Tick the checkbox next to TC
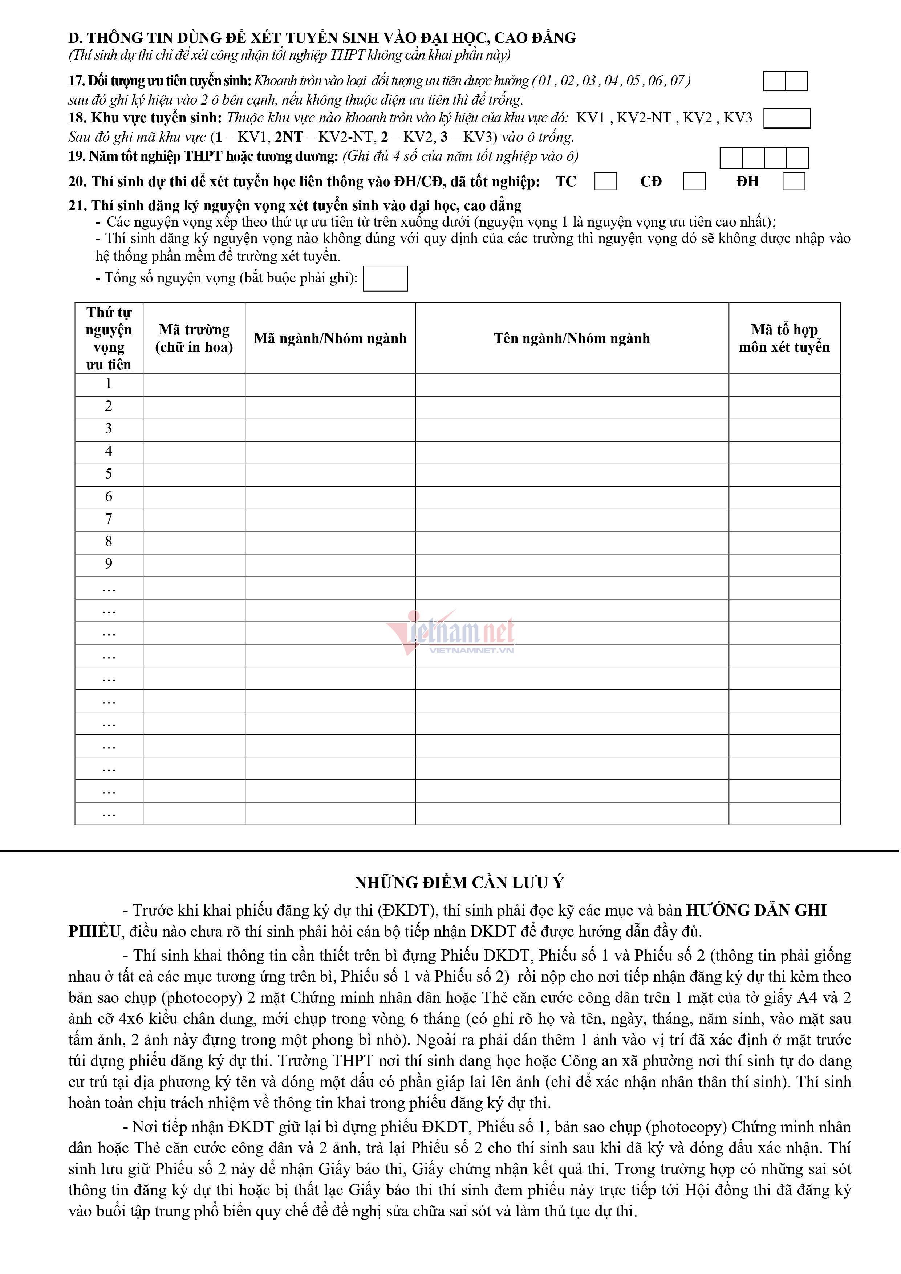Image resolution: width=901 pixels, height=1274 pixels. click(605, 182)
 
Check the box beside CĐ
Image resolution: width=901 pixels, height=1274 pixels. click(694, 182)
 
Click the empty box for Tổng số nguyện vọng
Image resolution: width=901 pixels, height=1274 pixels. click(385, 278)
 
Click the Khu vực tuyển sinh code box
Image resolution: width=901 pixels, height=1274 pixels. click(787, 118)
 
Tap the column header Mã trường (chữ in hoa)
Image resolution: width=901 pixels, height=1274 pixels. click(194, 338)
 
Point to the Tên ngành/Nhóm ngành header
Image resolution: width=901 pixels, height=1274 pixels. click(572, 338)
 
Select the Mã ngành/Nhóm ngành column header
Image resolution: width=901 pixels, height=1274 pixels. click(330, 338)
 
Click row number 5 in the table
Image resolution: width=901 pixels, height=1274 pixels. click(109, 474)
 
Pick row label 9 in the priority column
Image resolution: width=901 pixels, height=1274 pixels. click(109, 564)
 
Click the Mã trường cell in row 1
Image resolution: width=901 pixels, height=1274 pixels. click(194, 384)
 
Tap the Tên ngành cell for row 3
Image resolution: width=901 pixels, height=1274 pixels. click(572, 430)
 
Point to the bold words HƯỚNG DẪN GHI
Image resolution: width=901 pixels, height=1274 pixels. click(756, 911)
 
